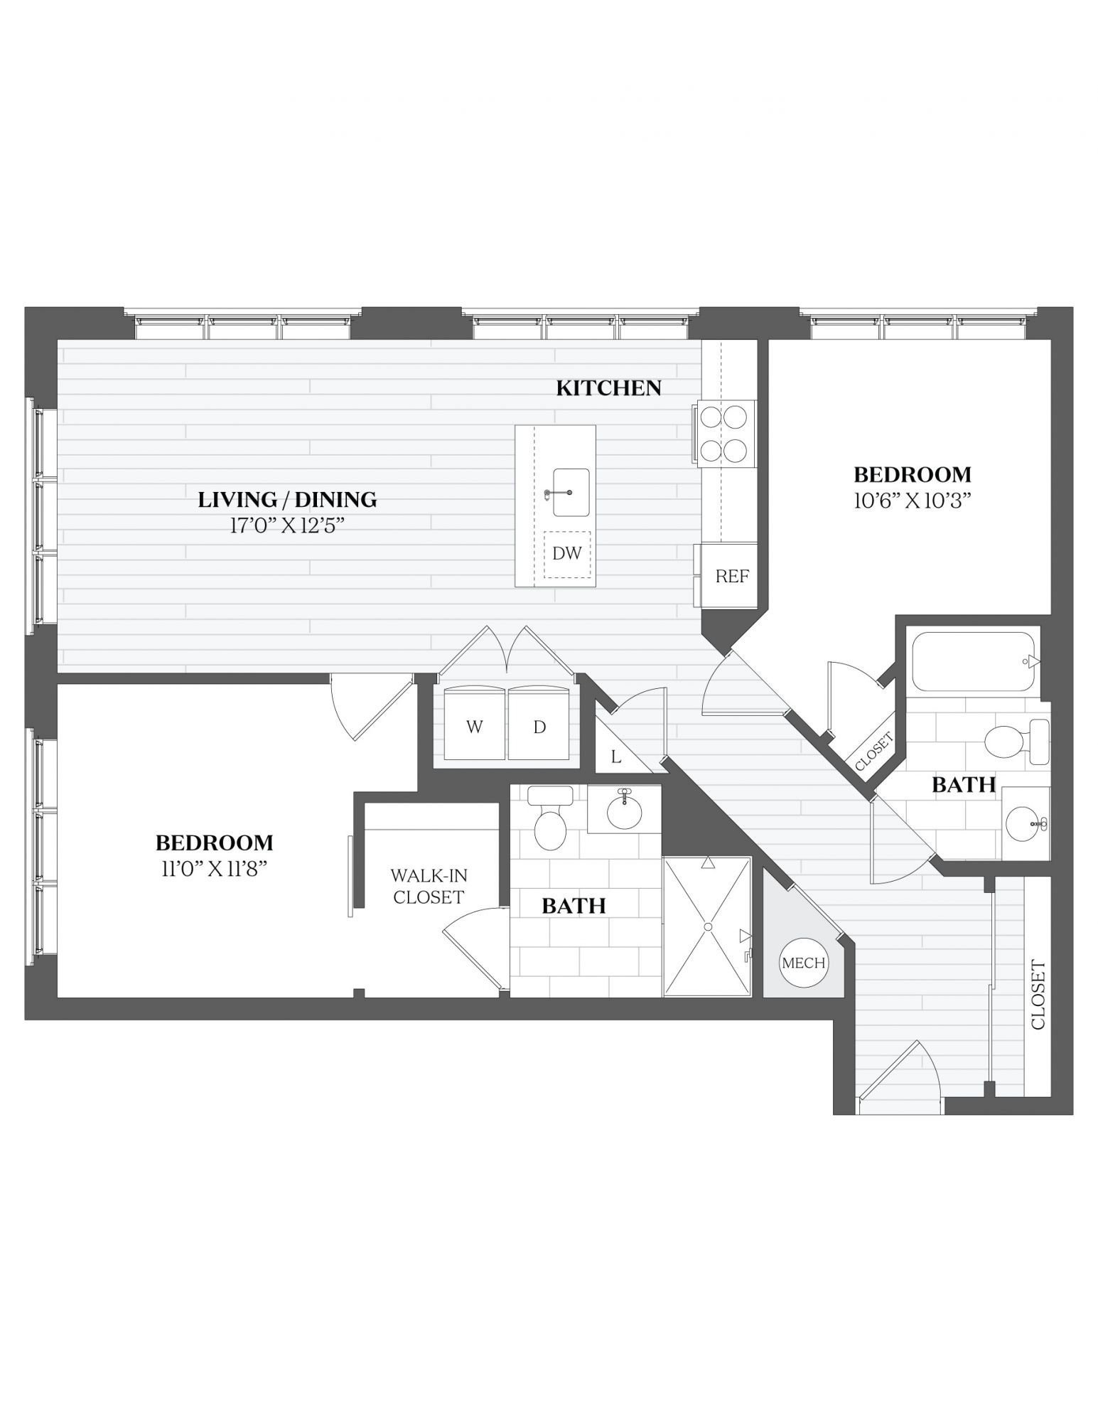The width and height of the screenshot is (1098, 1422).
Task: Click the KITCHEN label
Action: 608,388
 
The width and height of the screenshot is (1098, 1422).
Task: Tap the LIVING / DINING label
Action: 287,500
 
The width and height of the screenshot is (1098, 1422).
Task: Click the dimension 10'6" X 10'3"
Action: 912,501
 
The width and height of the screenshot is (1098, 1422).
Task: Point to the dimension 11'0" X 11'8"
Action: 214,869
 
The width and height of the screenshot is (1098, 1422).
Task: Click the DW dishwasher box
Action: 567,555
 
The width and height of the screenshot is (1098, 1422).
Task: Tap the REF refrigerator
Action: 731,576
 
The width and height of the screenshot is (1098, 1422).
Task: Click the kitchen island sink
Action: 570,493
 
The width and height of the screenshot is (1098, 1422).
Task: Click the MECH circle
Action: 804,963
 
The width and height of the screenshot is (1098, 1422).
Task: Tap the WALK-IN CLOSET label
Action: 429,887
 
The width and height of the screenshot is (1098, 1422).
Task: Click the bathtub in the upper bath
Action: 971,661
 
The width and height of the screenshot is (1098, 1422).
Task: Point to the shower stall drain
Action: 708,927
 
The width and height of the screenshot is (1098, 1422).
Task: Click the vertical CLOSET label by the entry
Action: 1038,995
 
